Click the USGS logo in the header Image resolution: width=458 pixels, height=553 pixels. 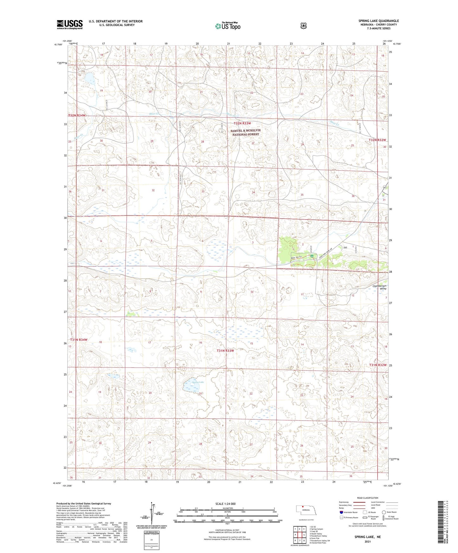pos(70,24)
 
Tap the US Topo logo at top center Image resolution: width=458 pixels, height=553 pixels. pos(227,26)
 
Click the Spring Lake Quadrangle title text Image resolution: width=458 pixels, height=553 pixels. pos(378,21)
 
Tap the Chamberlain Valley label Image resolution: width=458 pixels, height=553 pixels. pos(379,287)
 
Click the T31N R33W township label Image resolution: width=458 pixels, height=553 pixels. pos(225,351)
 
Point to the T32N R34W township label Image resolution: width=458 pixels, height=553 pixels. pos(77,116)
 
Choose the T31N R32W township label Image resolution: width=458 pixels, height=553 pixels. pos(378,365)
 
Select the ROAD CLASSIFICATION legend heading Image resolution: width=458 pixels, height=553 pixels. pos(368,498)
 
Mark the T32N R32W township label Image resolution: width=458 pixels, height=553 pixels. pos(377,140)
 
